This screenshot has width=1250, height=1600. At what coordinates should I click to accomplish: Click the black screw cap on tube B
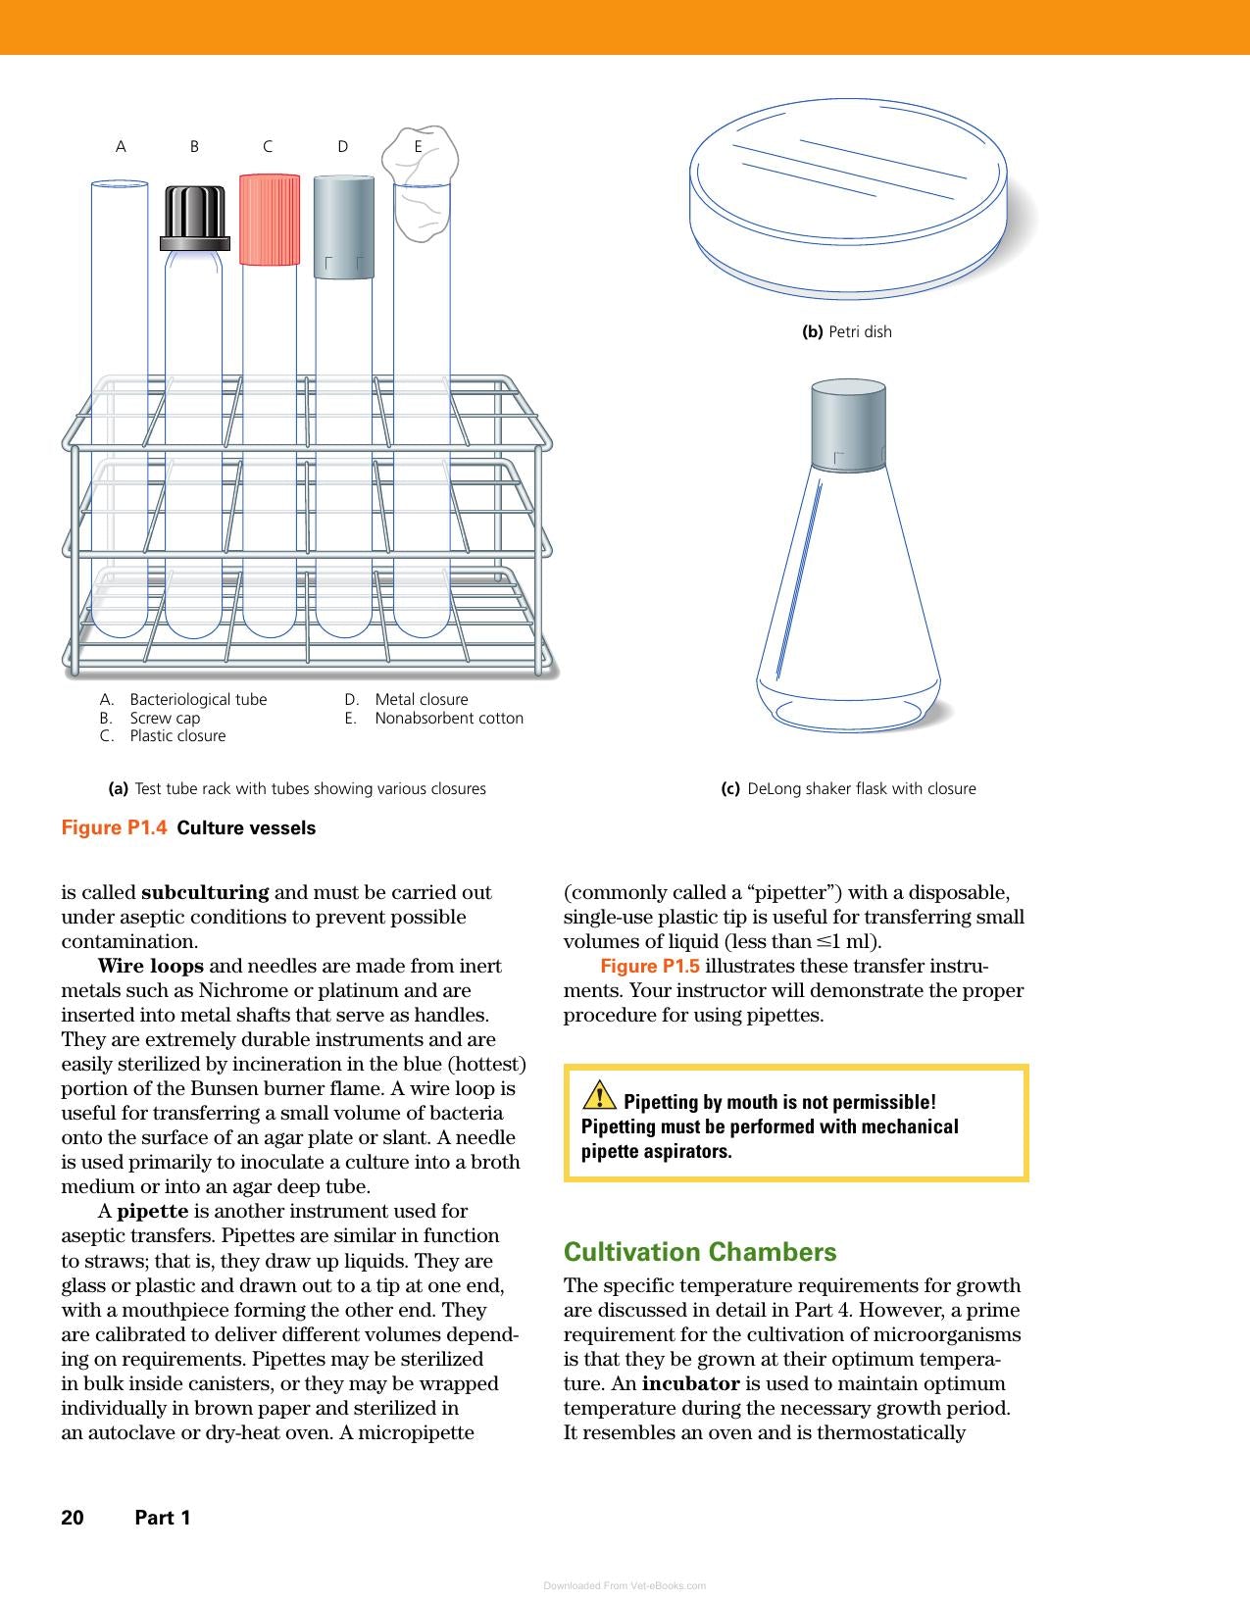pyautogui.click(x=195, y=219)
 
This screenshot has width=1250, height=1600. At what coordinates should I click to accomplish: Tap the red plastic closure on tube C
pyautogui.click(x=270, y=219)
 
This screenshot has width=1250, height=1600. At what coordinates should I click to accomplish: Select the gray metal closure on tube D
pyautogui.click(x=344, y=226)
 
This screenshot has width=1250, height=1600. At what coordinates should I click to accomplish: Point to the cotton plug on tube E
pyautogui.click(x=421, y=182)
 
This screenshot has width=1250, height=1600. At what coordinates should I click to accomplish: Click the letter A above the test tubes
pyautogui.click(x=121, y=146)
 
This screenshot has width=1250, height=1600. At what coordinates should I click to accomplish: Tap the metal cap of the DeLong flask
pyautogui.click(x=848, y=425)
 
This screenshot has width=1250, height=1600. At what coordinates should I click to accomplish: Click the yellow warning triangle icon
pyautogui.click(x=599, y=1094)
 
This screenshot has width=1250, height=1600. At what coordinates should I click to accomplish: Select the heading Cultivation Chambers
pyautogui.click(x=700, y=1252)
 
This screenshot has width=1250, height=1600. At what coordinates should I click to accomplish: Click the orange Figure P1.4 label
pyautogui.click(x=114, y=827)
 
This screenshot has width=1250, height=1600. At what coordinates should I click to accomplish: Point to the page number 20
pyautogui.click(x=73, y=1518)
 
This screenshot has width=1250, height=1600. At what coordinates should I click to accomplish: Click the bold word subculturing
pyautogui.click(x=205, y=892)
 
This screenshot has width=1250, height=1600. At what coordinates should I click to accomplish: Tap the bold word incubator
pyautogui.click(x=690, y=1383)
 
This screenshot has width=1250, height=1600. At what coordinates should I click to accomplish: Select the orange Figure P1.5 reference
pyautogui.click(x=650, y=966)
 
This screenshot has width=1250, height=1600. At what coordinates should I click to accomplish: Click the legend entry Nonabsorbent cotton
pyautogui.click(x=449, y=718)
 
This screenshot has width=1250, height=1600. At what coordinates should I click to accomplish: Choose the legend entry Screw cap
pyautogui.click(x=165, y=718)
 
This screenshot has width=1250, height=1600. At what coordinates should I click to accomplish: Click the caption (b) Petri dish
pyautogui.click(x=847, y=332)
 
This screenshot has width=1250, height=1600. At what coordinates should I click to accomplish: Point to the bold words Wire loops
pyautogui.click(x=151, y=966)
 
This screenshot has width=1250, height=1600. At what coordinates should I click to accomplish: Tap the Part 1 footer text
pyautogui.click(x=163, y=1518)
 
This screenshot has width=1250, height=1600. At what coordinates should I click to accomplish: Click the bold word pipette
pyautogui.click(x=152, y=1211)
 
